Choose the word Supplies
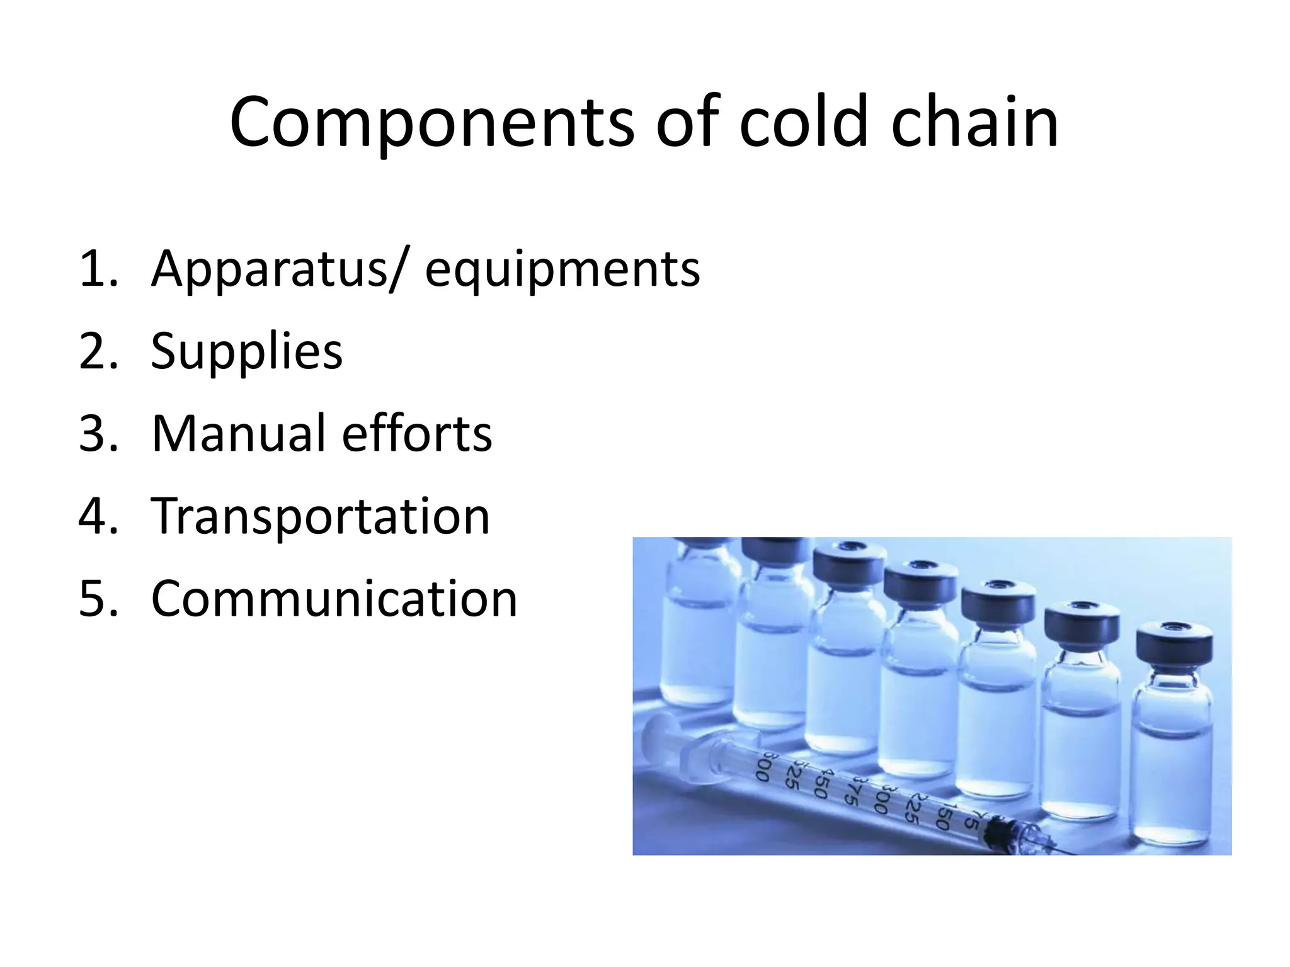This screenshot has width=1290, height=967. pyautogui.click(x=246, y=353)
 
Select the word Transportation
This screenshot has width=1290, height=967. pyautogui.click(x=321, y=516)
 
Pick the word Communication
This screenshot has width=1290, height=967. pyautogui.click(x=334, y=599)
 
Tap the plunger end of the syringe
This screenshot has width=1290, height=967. pyautogui.click(x=655, y=737)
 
